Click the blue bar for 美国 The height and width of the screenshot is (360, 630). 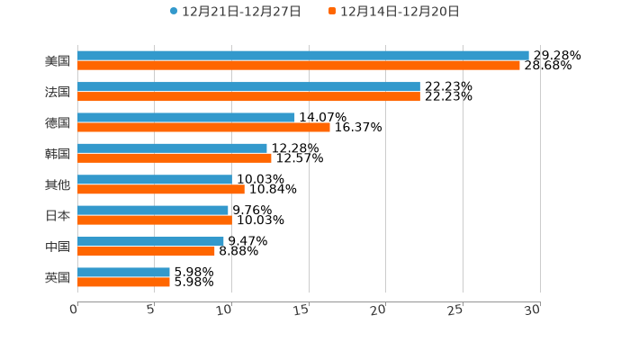pos(302,55)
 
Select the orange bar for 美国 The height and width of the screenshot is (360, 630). pos(298,66)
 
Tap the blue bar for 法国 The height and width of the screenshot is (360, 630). pos(248,86)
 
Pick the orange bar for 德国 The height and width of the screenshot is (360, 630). pos(203,128)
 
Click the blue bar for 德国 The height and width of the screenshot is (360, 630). pos(185,117)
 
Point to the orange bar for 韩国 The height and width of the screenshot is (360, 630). pos(174,158)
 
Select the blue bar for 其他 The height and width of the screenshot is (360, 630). pos(154,179)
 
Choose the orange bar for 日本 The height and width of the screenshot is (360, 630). pos(154,220)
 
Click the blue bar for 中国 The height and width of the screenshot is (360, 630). pos(150,241)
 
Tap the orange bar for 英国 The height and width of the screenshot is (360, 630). pos(123,283)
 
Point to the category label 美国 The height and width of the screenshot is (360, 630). pos(58,61)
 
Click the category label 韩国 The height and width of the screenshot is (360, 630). pos(58,154)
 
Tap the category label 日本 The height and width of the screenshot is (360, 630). pos(58,216)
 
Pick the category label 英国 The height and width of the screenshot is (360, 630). pos(58,278)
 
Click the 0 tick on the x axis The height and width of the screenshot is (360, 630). pos(74,310)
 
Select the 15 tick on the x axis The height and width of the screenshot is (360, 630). pos(302,310)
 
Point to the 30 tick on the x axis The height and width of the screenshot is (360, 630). pos(533,310)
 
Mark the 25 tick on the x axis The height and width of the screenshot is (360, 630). pos(455,310)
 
